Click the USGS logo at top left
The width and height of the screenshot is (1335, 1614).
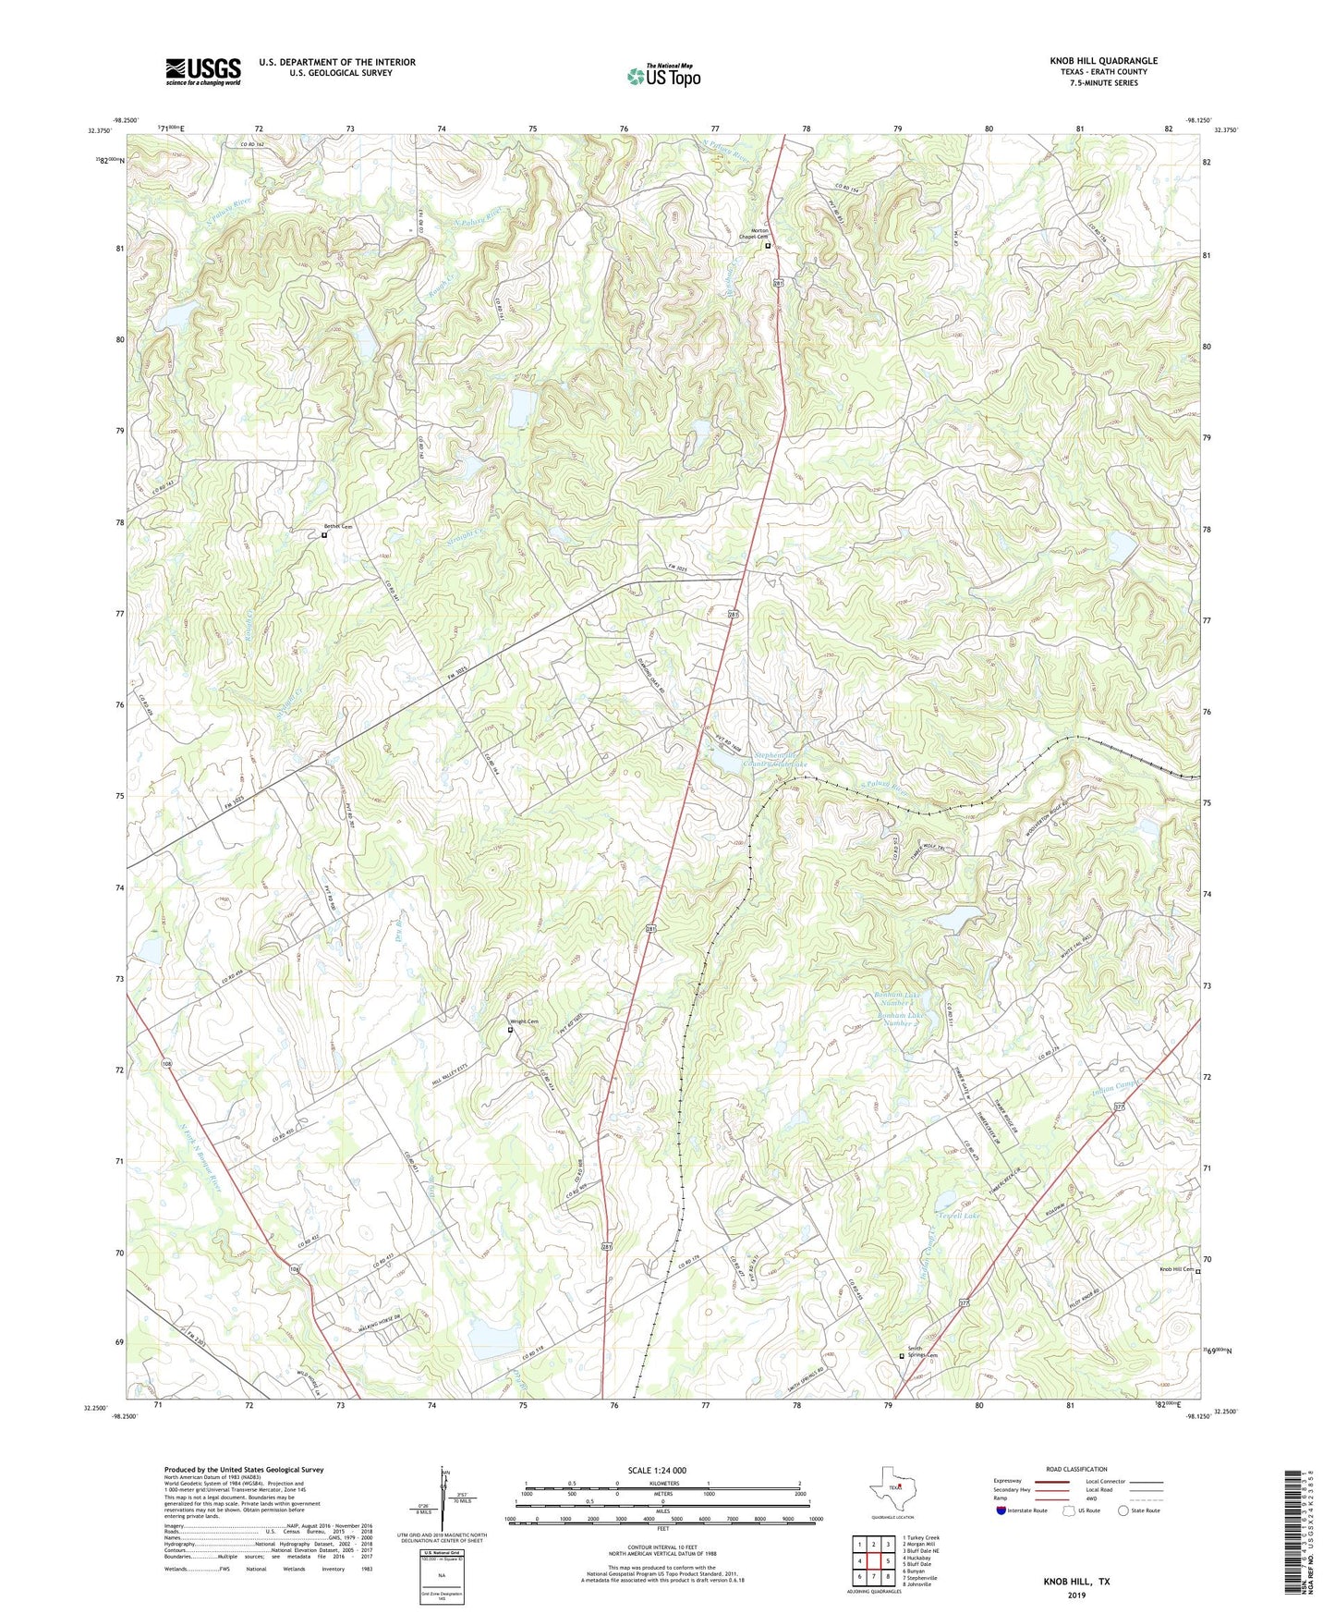tap(203, 71)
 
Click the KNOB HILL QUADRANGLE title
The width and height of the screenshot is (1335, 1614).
tap(1103, 61)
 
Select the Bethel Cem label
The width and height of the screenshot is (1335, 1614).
tap(338, 527)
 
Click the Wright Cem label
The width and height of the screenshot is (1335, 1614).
tap(526, 1021)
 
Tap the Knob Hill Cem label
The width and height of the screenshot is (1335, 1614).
tap(1176, 1269)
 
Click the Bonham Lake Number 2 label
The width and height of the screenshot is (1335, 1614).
tap(902, 1019)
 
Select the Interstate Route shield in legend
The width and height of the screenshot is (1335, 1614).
tap(1002, 1510)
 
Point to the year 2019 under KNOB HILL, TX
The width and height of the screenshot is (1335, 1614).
tap(1076, 1595)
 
